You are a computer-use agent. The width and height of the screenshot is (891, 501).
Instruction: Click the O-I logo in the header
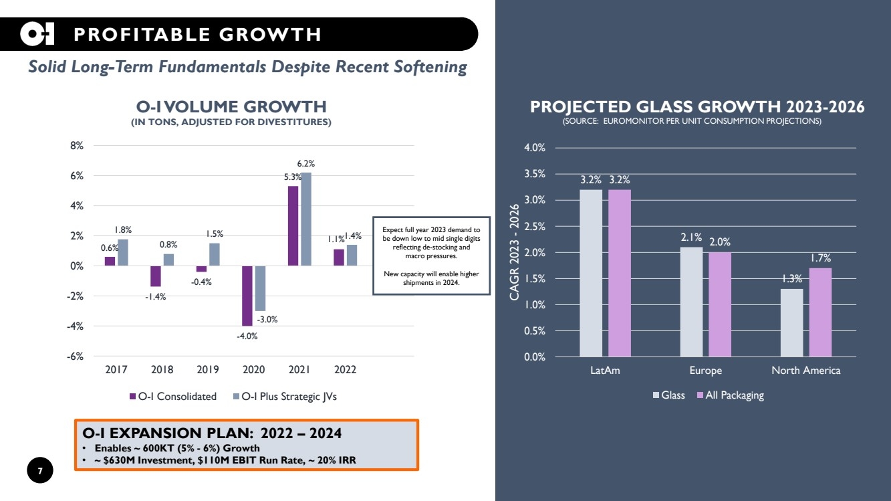coord(37,34)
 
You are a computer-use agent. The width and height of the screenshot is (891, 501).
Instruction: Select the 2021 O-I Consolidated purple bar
coord(293,225)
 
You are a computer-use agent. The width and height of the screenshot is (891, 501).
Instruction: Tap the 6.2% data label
coord(306,163)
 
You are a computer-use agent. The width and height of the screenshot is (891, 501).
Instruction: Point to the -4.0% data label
coord(247,336)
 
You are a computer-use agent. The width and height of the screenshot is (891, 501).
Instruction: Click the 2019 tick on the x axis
coord(208,369)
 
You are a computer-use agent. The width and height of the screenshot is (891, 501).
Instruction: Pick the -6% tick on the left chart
coord(74,357)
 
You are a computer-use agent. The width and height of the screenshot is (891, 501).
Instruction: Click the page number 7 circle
coord(39,472)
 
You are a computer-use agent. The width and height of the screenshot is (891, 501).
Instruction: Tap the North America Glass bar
coord(791,322)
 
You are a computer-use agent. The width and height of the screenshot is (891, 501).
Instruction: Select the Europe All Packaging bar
coord(720,304)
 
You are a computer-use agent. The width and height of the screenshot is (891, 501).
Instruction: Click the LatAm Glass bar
coord(591,273)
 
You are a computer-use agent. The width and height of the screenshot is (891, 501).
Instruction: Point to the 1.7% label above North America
coord(820,258)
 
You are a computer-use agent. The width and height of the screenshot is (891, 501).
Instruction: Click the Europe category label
coord(705,370)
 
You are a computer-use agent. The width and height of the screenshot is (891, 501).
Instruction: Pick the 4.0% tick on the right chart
coord(534,148)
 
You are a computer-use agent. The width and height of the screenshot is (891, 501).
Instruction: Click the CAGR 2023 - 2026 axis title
coord(514,252)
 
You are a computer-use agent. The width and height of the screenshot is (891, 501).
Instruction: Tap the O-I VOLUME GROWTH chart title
coord(231,106)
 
